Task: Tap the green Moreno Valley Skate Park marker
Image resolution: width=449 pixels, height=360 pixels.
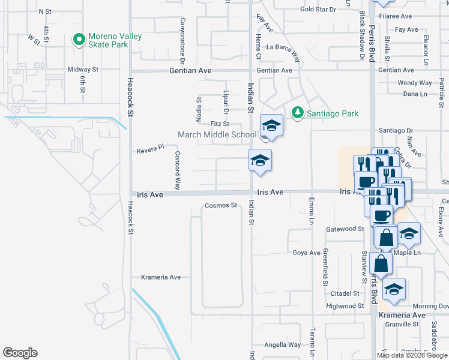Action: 78,40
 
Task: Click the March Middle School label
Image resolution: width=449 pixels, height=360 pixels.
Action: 217,134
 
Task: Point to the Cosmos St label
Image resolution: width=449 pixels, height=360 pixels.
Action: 221,205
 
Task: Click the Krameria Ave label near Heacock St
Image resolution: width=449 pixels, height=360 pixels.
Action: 160,277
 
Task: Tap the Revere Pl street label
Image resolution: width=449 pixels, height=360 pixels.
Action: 150,148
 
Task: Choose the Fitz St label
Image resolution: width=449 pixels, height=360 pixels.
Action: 220,124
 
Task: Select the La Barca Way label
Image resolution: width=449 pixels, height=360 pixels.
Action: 283,47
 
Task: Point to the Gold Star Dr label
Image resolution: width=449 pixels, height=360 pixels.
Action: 318,10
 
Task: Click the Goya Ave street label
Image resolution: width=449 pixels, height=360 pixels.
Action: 306,253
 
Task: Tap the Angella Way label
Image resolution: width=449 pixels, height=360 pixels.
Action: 283,344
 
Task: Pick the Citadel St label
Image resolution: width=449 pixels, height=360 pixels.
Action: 345,293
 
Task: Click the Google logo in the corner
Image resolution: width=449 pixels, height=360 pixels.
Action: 20,353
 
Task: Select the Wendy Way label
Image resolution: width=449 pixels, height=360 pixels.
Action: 414,83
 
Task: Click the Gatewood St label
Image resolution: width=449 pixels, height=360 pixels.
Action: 345,229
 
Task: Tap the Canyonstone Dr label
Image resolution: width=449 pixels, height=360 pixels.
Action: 181,40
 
